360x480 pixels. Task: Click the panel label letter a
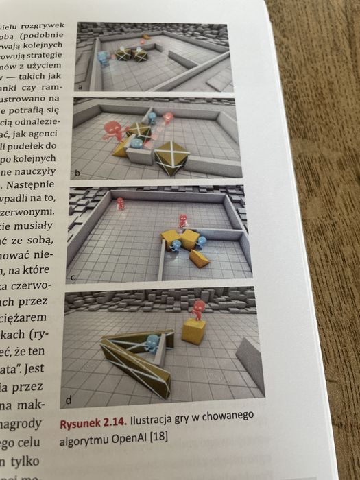81,88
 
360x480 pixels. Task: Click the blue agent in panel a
103,58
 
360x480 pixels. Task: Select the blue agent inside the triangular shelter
151,343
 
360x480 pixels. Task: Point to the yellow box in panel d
194,332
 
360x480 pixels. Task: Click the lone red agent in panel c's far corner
121,204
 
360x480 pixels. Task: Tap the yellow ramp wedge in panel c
200,258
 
